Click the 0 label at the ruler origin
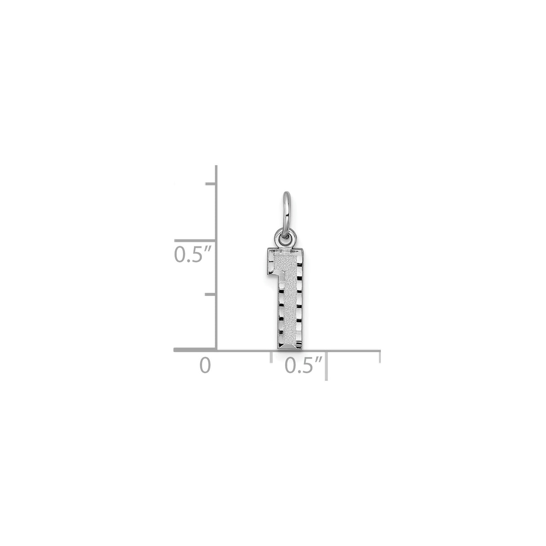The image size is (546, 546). coord(205,365)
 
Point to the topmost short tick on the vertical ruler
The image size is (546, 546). coord(211,184)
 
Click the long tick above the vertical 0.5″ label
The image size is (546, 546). coord(195,240)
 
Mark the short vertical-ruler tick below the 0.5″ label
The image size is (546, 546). coord(211,295)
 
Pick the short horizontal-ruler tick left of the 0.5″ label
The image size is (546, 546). coord(271,356)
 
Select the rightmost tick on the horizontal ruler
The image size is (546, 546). coord(380,357)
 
